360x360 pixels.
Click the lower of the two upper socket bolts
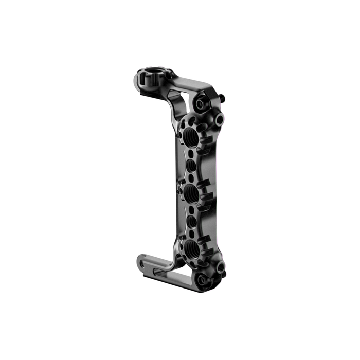coord(219,119)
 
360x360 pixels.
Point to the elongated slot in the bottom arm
coord(154,267)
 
